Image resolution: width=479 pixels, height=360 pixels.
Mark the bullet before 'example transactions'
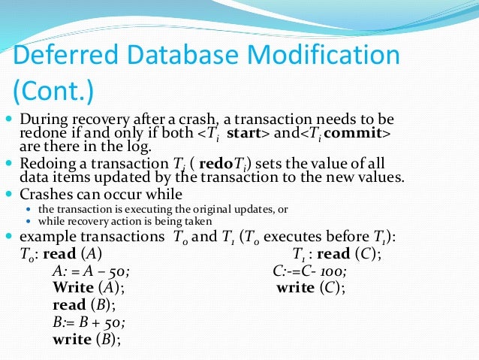click(8, 237)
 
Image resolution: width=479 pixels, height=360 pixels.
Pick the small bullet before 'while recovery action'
click(29, 222)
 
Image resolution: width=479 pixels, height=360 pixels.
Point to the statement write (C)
click(311, 288)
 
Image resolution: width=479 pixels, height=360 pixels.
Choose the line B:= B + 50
click(89, 322)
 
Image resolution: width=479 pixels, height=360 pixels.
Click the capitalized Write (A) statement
click(88, 288)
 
